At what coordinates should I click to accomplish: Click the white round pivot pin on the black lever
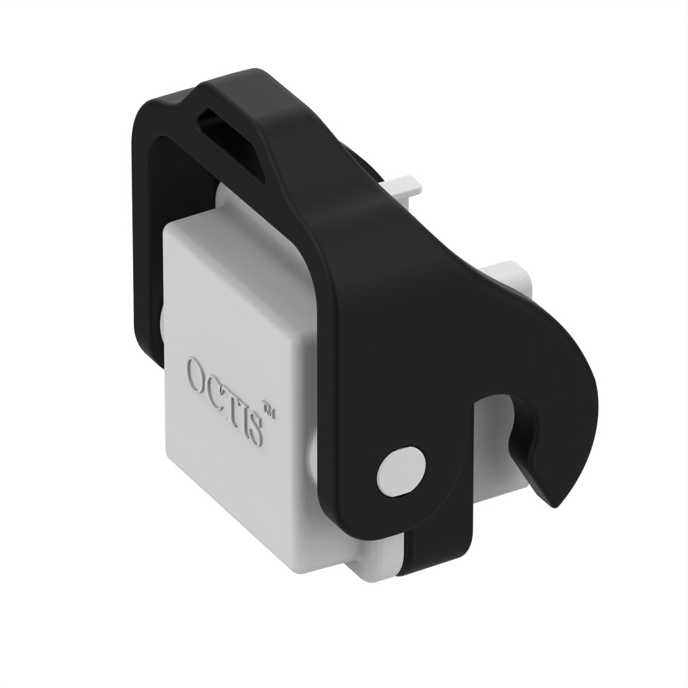pos(399,472)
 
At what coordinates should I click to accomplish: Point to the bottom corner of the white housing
pos(299,570)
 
